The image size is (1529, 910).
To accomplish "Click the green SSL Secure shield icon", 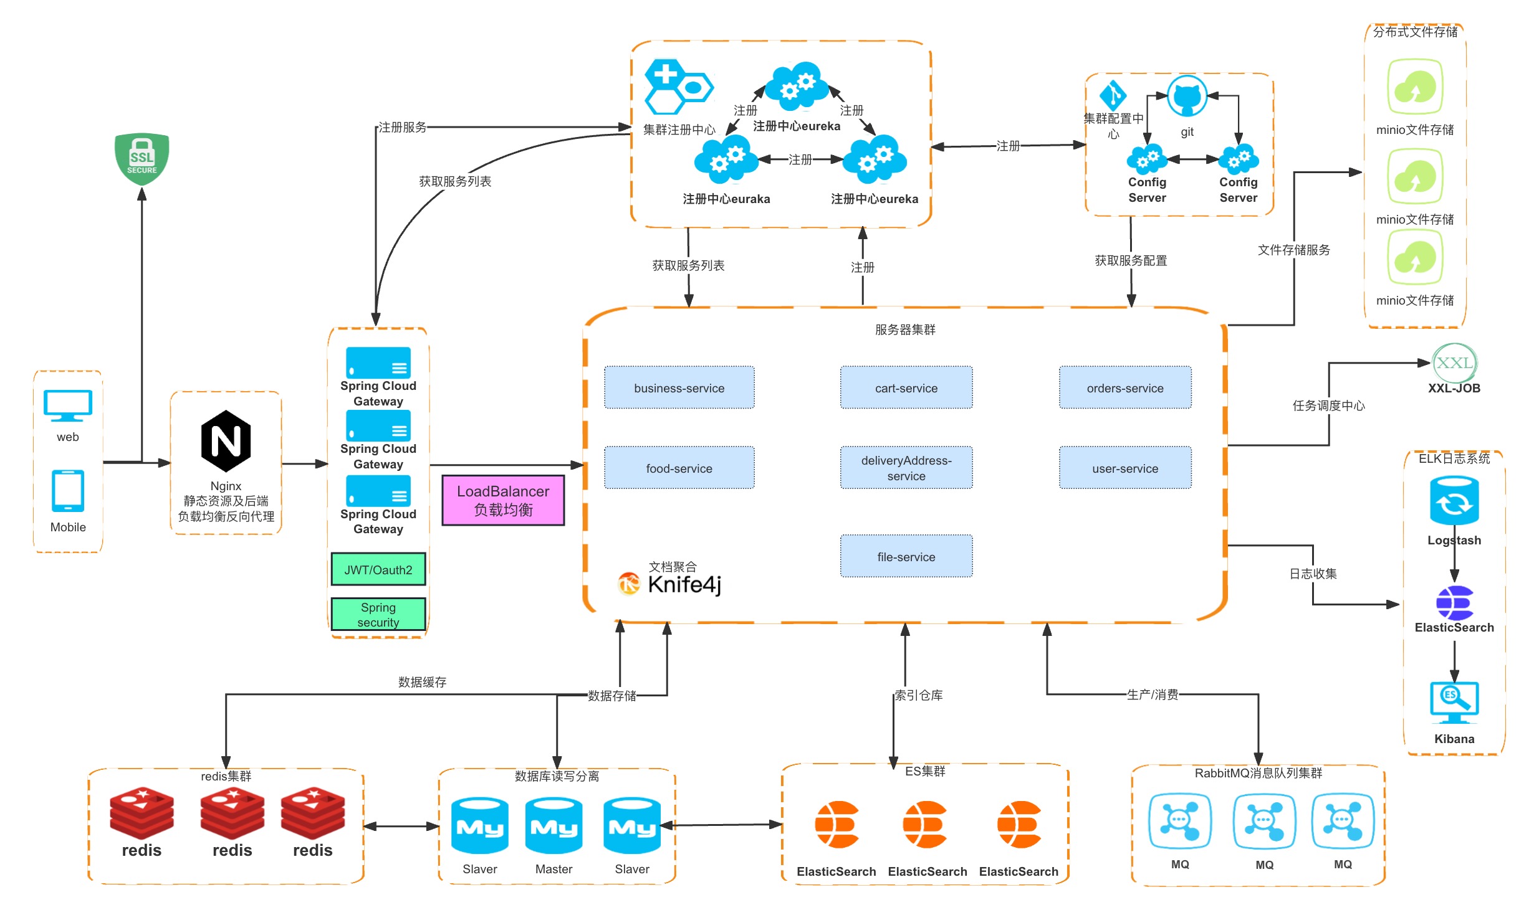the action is point(141,159).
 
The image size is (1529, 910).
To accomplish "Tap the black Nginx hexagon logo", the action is point(226,441).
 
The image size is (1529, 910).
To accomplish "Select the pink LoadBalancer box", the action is point(503,500).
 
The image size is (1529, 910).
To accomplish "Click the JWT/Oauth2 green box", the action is point(378,569).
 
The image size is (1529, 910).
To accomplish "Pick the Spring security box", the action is point(378,614).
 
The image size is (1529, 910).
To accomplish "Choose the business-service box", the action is point(679,387).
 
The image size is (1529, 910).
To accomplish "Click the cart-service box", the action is point(906,387).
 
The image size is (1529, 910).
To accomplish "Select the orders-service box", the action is point(1125,387).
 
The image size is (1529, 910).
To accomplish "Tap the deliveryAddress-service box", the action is point(906,468).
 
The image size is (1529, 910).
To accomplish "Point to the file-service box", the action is point(906,556).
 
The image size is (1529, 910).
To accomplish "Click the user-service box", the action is point(1125,468).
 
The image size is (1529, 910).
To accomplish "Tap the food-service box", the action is point(679,468).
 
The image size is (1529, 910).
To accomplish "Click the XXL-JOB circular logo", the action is point(1454,363).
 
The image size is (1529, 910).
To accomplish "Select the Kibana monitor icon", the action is point(1454,703).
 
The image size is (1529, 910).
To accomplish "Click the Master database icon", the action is point(554,826).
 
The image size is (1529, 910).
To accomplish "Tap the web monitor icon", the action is point(68,406).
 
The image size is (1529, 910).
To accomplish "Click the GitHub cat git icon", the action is point(1187,97).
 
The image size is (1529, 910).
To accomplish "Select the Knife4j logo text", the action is point(684,584).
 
